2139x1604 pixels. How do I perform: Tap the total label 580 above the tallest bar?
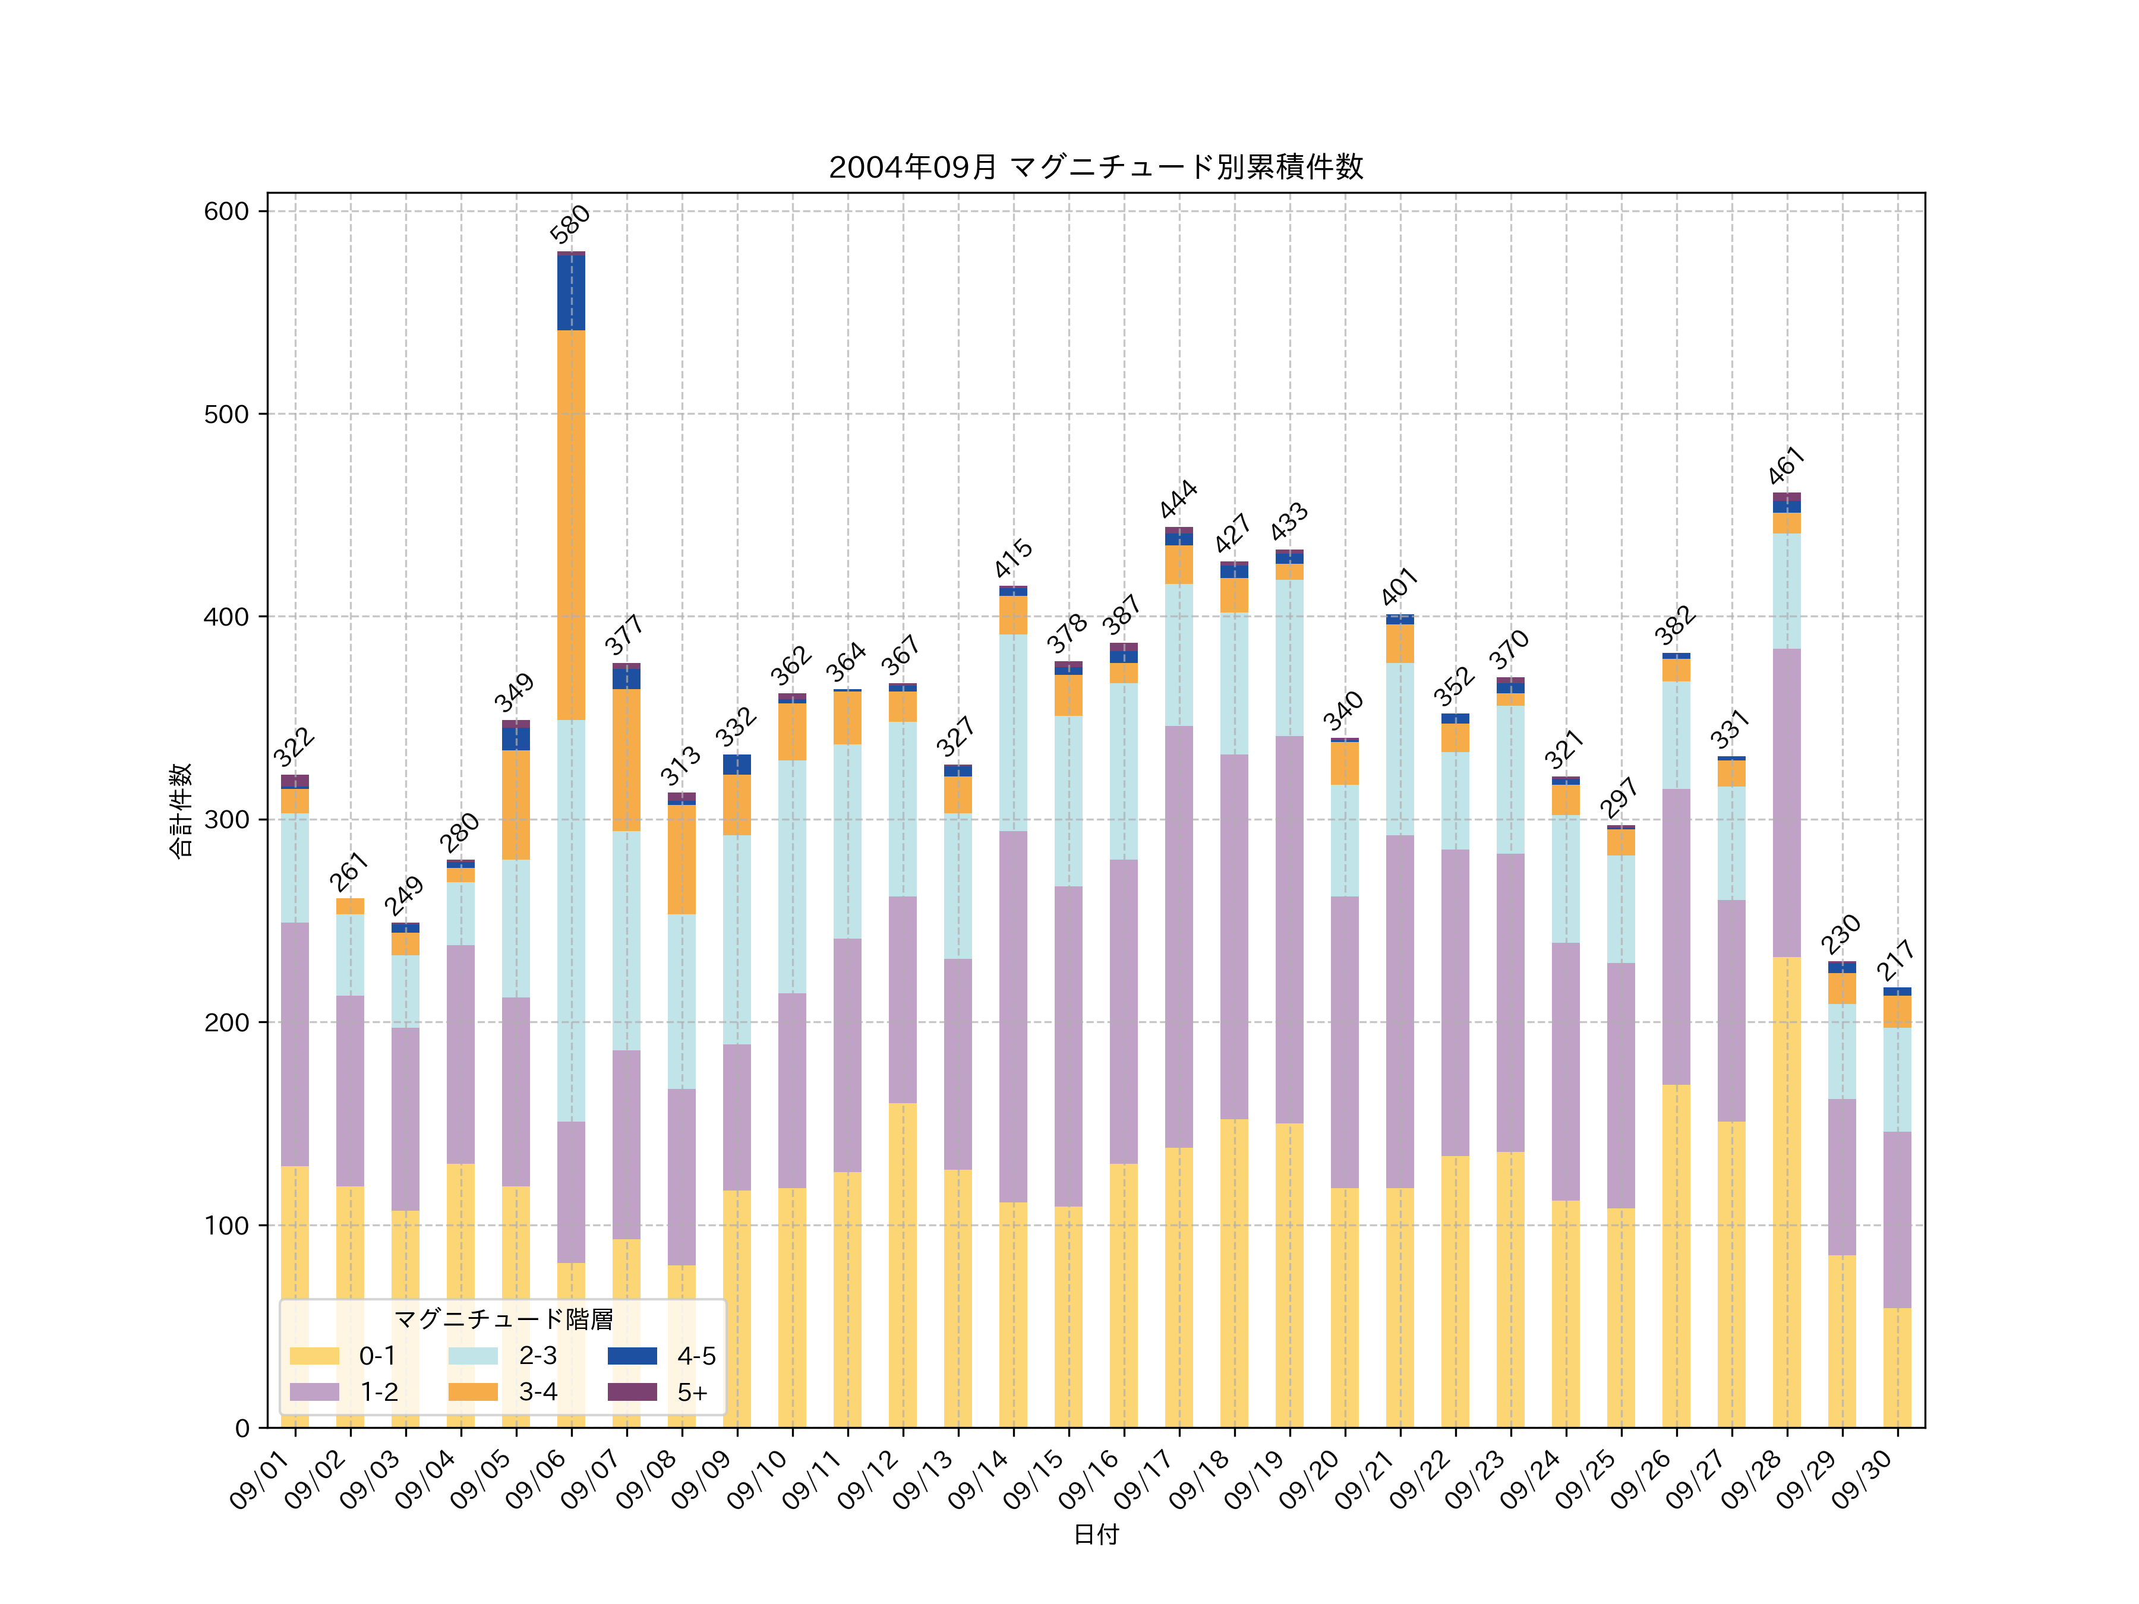(570, 225)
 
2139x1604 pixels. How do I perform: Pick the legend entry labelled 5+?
(692, 1393)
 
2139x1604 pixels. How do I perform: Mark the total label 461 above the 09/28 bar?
(1786, 466)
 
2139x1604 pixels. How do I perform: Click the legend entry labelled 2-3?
(538, 1356)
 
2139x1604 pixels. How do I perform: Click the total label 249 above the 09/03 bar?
(404, 896)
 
